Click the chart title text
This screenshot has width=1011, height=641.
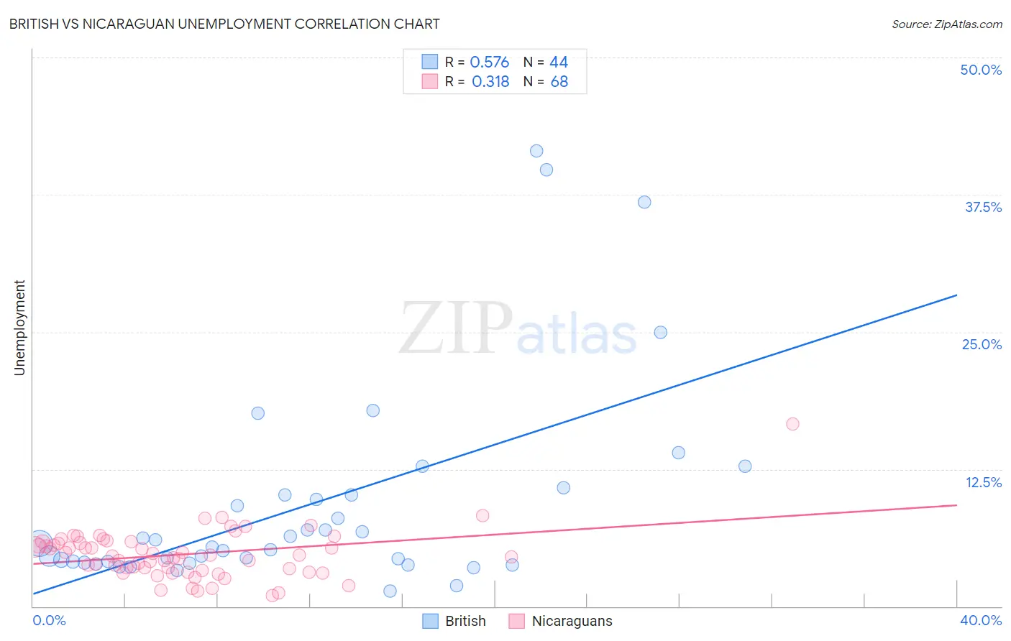click(224, 24)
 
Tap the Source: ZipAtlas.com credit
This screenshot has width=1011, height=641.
click(946, 24)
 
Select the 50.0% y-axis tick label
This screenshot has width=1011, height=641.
click(981, 70)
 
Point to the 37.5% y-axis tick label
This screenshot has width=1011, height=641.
click(983, 207)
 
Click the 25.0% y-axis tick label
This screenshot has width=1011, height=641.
click(982, 344)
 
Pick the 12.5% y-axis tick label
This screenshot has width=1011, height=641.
click(983, 482)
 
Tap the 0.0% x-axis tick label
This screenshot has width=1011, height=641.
click(49, 620)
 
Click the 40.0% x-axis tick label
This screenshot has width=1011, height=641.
click(980, 620)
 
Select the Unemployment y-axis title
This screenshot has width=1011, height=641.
click(19, 328)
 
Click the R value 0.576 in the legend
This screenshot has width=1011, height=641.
click(489, 63)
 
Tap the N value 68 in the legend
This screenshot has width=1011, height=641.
click(559, 82)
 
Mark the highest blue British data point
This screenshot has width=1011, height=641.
click(536, 151)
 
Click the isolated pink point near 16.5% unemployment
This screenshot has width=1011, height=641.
click(792, 424)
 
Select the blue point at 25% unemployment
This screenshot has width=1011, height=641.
click(661, 332)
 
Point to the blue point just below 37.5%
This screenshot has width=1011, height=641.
click(644, 202)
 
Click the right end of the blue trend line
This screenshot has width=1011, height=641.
click(956, 295)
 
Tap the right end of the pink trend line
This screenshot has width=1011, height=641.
click(956, 505)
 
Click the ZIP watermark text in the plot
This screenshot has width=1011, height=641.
click(456, 329)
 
